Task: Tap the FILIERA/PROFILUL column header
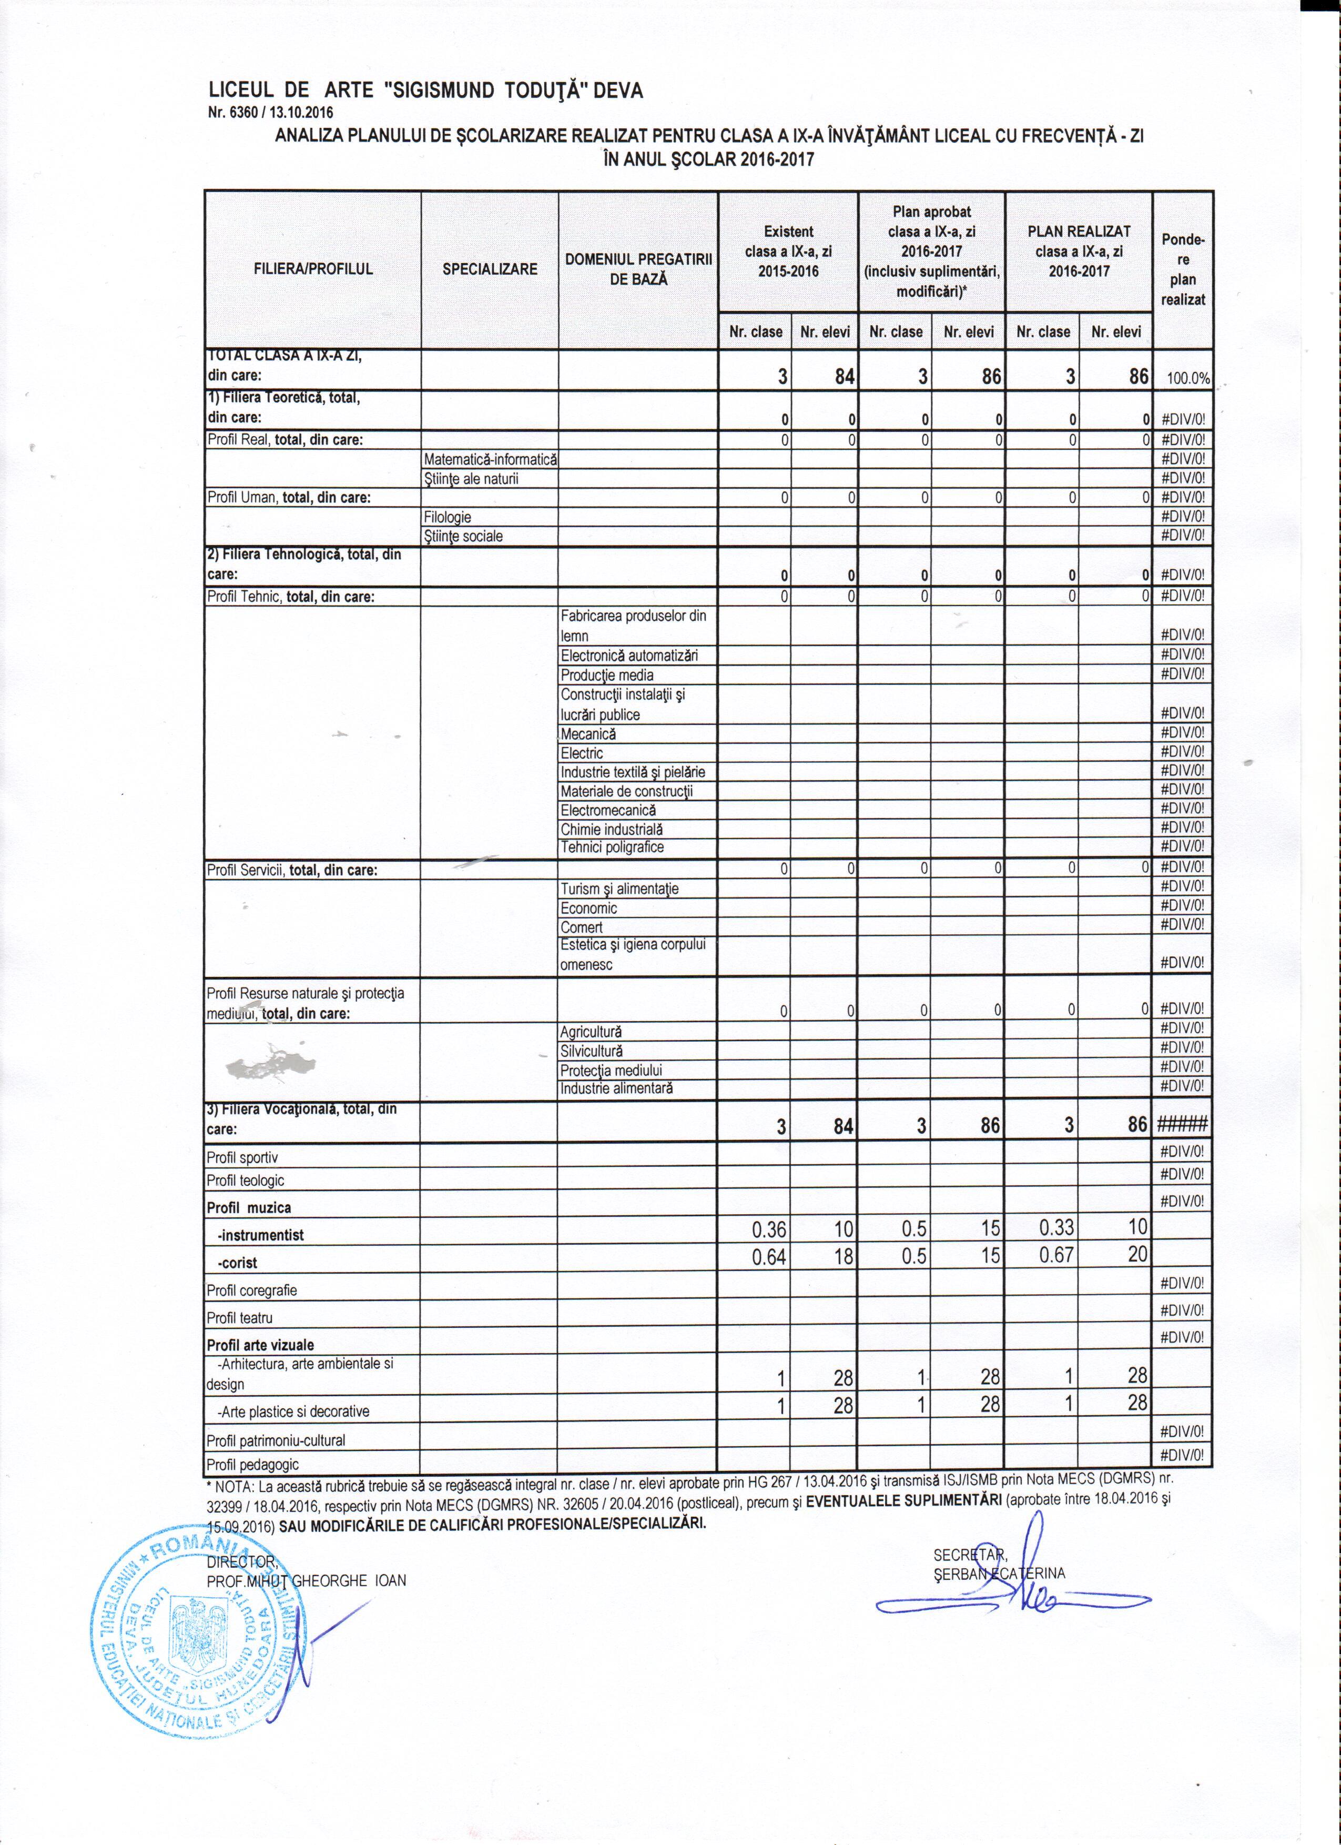coord(313,269)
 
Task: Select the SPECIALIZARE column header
coord(490,269)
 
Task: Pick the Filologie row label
coord(448,517)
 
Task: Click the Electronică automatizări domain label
coord(628,656)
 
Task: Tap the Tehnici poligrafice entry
coord(612,848)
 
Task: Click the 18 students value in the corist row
coord(842,1256)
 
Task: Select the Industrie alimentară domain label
coord(616,1088)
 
